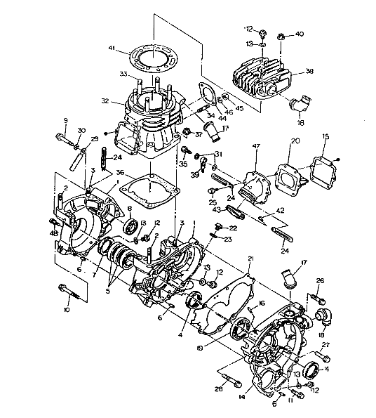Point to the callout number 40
pos(300,33)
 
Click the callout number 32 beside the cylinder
pos(105,101)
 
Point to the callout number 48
pos(53,233)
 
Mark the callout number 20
pos(295,141)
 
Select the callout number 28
pos(219,388)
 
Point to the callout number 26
pos(321,281)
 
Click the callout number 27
pos(325,345)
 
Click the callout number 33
pos(122,74)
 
